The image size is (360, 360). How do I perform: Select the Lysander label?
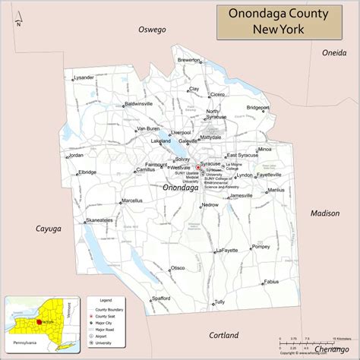point(84,77)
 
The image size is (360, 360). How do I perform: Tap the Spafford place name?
point(161,298)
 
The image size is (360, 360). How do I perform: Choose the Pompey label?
point(261,247)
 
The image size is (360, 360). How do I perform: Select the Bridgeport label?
point(279,108)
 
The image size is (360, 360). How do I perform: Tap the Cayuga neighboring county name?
point(48,228)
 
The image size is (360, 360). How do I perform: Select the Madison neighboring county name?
point(324,213)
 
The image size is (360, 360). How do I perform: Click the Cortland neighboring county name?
point(223,335)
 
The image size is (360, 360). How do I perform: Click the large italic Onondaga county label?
point(182,186)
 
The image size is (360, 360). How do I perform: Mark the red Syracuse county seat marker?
point(198,167)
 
